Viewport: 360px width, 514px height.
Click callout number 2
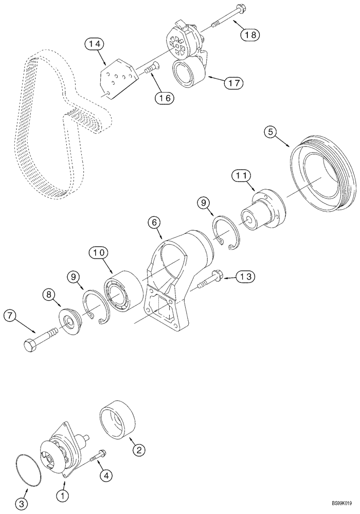click(x=138, y=450)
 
